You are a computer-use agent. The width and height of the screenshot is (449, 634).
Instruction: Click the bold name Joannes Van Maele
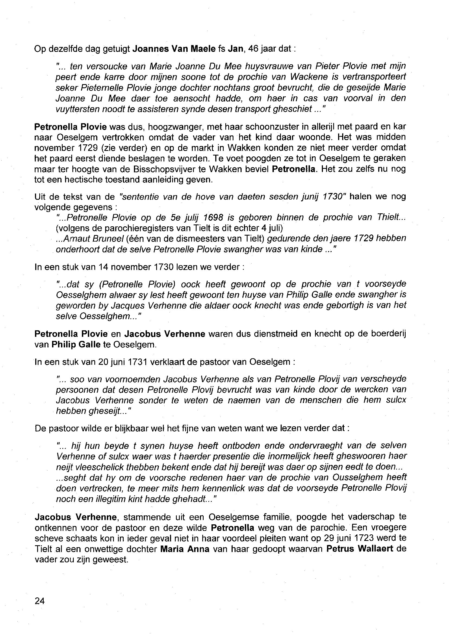(174, 49)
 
